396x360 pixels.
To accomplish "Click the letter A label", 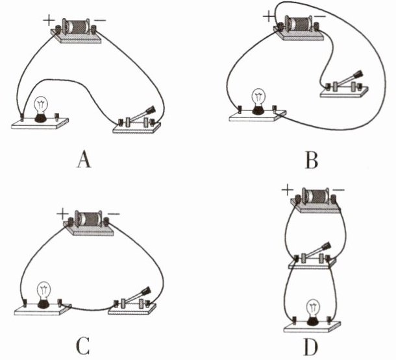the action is pyautogui.click(x=82, y=159).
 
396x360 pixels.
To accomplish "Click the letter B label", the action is pyautogui.click(x=312, y=159).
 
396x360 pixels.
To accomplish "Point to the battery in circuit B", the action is pyautogui.click(x=299, y=25).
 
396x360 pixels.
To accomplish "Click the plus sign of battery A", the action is pyautogui.click(x=48, y=20).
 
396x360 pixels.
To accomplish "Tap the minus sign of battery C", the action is pyautogui.click(x=113, y=213).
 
